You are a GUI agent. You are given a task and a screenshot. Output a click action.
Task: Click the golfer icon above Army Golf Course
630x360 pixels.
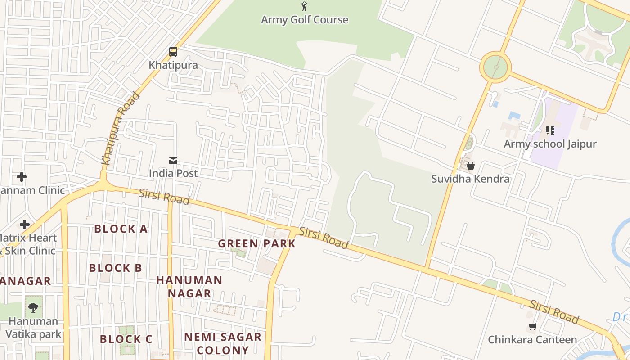click(304, 6)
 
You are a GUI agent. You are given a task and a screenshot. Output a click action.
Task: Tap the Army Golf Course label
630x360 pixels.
click(304, 20)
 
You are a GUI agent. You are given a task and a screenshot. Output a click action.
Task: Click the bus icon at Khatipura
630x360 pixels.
click(173, 52)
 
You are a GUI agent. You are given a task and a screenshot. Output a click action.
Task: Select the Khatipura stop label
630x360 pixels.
click(173, 65)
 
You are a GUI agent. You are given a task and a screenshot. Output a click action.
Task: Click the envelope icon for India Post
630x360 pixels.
click(173, 161)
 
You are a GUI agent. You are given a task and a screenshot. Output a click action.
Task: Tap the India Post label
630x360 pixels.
click(173, 173)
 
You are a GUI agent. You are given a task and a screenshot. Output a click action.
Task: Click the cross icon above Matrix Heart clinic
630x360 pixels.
click(25, 224)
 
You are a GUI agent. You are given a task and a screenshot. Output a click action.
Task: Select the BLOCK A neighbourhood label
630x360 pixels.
click(121, 229)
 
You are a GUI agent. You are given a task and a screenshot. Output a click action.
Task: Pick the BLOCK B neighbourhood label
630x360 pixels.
click(116, 268)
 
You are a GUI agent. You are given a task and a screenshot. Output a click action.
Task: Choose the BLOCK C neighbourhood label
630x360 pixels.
click(126, 339)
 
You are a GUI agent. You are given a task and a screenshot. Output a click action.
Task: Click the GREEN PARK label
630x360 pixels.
click(257, 244)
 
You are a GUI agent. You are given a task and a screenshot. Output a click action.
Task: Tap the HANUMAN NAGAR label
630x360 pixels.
click(189, 287)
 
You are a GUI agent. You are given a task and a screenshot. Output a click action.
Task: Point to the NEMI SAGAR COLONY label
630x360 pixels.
click(223, 343)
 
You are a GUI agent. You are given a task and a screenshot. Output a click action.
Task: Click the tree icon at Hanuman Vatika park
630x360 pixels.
click(33, 308)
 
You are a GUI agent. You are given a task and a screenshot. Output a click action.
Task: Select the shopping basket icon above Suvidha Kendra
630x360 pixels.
click(471, 166)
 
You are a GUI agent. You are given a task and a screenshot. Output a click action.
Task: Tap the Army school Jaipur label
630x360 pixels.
click(550, 144)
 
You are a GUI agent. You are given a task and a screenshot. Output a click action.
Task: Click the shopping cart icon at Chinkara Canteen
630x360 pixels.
click(532, 326)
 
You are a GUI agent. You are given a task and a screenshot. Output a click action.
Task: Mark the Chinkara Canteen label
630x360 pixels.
click(532, 340)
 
